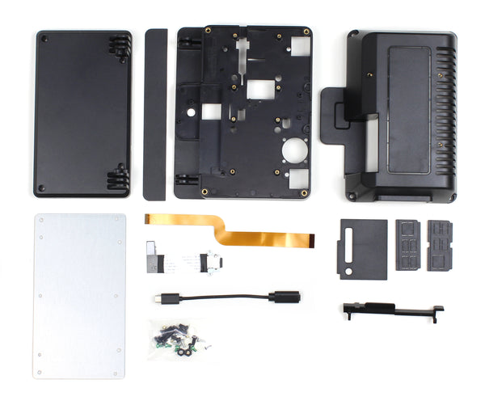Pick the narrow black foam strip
(154, 114)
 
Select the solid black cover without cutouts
(82, 113)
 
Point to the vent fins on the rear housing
(445, 113)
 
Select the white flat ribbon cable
(182, 261)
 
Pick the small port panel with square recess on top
(408, 243)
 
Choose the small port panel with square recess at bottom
(441, 243)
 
